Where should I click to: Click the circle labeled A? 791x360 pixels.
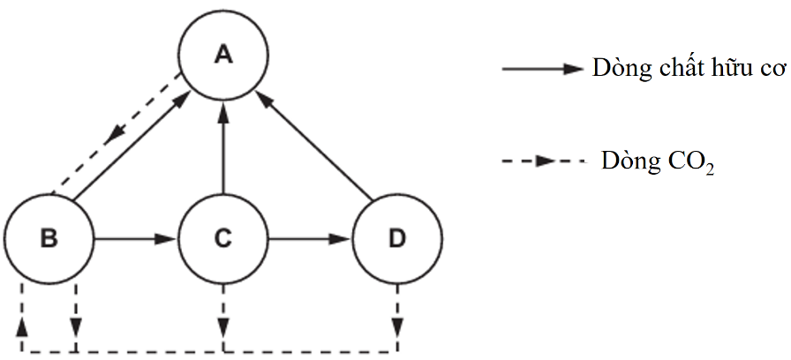(x=223, y=56)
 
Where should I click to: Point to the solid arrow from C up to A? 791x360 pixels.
(x=223, y=146)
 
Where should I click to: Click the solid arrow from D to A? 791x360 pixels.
(x=318, y=146)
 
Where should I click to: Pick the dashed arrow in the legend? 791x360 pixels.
(x=542, y=161)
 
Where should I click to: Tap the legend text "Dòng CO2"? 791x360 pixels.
(x=658, y=161)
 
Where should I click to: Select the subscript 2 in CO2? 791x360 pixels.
(x=708, y=169)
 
